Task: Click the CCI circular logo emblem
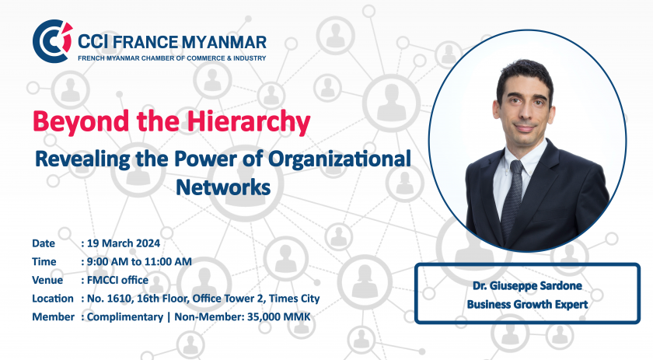[52, 42]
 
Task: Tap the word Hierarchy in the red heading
[249, 122]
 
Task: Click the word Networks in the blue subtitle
[223, 187]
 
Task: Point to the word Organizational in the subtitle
[340, 159]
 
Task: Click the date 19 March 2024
[124, 243]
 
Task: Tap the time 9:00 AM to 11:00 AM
[139, 262]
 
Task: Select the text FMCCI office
[117, 280]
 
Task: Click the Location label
[53, 299]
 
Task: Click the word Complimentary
[125, 317]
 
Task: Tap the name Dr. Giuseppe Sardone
[527, 286]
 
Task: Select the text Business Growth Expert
[527, 305]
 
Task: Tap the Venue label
[47, 280]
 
